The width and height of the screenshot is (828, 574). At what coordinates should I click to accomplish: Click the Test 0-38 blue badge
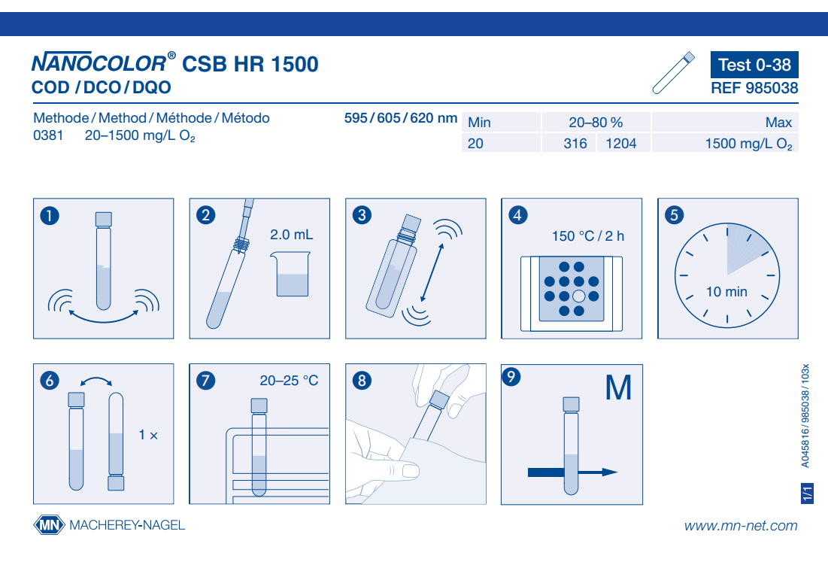[x=754, y=65]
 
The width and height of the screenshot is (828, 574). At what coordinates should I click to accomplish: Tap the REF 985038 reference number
[x=754, y=88]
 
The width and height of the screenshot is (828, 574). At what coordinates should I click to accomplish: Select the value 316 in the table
[x=575, y=143]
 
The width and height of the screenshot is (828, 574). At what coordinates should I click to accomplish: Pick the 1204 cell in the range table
[x=621, y=143]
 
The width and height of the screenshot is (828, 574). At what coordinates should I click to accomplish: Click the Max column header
[x=778, y=123]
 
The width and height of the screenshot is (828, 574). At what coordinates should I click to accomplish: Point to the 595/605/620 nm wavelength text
[x=401, y=118]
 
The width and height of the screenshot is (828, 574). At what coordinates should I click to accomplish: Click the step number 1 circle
[x=50, y=215]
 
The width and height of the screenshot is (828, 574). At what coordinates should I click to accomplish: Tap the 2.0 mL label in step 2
[x=292, y=235]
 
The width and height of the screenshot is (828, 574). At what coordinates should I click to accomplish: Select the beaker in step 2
[x=290, y=274]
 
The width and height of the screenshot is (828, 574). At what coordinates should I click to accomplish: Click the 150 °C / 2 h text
[x=588, y=236]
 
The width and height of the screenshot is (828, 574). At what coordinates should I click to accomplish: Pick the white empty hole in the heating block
[x=579, y=296]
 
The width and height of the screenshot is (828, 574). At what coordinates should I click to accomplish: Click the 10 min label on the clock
[x=726, y=291]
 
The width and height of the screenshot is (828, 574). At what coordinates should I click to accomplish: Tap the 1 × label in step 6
[x=148, y=435]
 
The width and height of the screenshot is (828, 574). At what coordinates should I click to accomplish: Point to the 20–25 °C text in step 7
[x=289, y=380]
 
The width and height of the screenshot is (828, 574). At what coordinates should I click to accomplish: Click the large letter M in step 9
[x=618, y=387]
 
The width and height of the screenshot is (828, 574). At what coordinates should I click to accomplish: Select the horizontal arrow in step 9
[x=573, y=472]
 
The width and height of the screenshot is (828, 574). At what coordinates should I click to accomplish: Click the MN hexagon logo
[x=49, y=525]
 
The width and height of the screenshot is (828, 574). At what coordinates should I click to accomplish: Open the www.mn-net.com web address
[x=741, y=525]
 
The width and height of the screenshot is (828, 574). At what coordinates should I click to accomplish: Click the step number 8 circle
[x=362, y=380]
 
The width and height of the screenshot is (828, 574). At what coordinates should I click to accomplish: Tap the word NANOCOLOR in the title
[x=99, y=63]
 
